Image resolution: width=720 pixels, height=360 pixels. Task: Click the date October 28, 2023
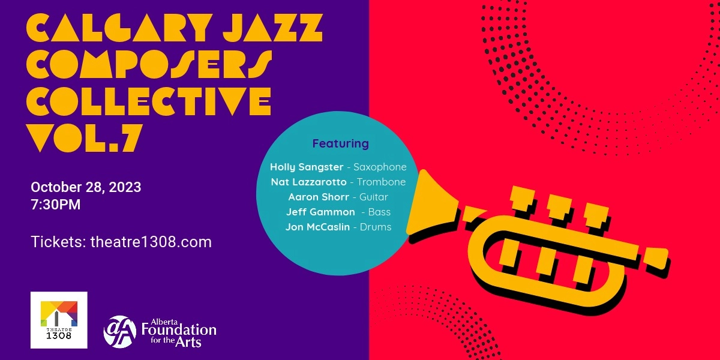[x=86, y=187]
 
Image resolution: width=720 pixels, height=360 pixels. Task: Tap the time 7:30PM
[x=55, y=205]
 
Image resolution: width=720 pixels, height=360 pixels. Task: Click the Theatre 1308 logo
[x=59, y=320]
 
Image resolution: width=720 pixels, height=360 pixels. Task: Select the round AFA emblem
[x=120, y=331]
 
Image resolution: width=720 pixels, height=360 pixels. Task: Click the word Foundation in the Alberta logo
[x=179, y=329]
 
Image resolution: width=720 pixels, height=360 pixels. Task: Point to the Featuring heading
[x=340, y=144]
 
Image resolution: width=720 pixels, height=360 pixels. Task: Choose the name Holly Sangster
[x=306, y=167]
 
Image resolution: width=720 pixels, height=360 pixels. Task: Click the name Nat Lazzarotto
[x=308, y=182]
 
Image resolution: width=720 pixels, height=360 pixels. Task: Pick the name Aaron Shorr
[x=319, y=197]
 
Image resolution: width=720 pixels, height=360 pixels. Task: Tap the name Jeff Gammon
[x=320, y=212]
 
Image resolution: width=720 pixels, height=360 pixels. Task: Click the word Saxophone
[x=380, y=167]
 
